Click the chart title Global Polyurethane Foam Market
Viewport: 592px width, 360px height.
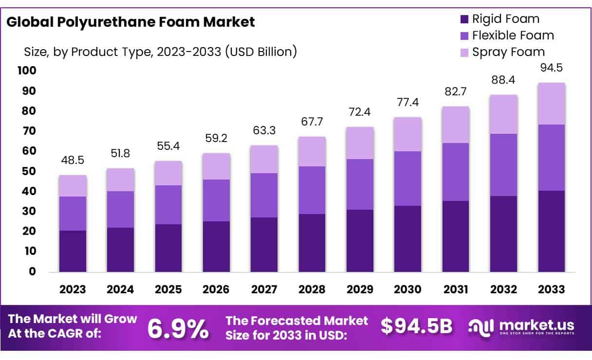[131, 22]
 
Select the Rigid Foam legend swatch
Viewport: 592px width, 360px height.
[464, 19]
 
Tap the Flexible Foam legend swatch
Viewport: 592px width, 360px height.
[464, 36]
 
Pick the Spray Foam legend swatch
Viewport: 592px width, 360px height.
[464, 52]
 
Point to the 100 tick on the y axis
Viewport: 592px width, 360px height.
[27, 71]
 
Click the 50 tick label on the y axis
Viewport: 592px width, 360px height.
[30, 171]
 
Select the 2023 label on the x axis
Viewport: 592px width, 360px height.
[73, 289]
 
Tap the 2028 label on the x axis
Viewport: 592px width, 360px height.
[312, 289]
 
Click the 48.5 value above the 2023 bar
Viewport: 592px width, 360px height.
[73, 160]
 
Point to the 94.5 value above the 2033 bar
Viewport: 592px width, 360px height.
[552, 67]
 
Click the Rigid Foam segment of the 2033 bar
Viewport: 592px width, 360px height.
[552, 231]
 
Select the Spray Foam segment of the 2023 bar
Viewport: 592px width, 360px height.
[73, 186]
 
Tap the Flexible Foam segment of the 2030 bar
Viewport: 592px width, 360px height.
[408, 179]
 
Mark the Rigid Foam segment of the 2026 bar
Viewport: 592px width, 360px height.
[217, 247]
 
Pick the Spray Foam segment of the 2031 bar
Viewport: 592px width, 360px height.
[456, 125]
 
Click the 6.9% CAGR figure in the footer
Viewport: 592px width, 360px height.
[178, 329]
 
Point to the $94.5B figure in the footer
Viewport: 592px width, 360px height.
[417, 326]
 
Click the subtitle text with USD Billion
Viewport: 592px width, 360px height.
[160, 51]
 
